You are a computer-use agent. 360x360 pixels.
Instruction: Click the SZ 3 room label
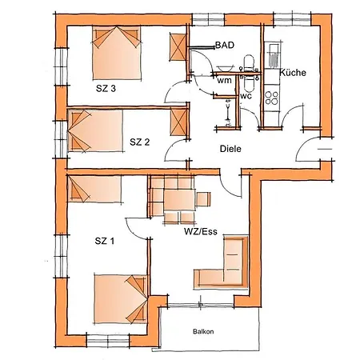click(x=106, y=89)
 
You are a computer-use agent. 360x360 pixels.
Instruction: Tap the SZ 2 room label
click(x=140, y=142)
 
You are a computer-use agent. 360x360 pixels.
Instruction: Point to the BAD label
click(x=225, y=46)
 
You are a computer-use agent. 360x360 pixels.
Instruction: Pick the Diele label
click(x=231, y=149)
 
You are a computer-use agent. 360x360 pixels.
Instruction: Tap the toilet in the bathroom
click(x=249, y=63)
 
